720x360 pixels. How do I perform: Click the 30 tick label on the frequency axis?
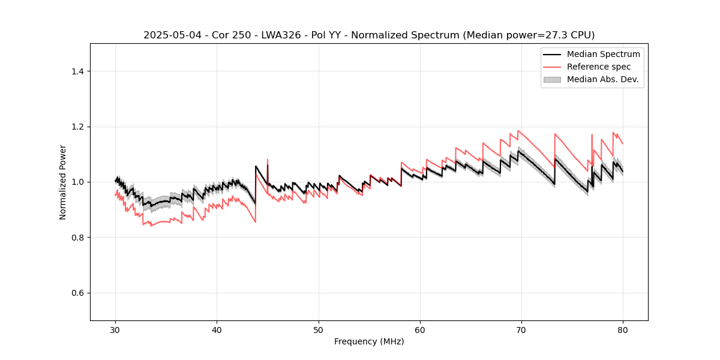point(115,330)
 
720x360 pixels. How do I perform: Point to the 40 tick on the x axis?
point(217,330)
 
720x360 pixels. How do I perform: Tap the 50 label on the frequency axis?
point(318,330)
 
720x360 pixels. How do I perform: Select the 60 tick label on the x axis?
point(420,330)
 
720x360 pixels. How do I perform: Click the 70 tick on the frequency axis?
point(521,330)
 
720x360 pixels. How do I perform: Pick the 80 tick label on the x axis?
point(623,330)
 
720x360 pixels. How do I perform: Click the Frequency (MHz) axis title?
point(369,341)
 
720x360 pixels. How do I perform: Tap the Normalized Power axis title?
point(63,182)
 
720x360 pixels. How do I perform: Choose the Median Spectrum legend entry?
point(603,54)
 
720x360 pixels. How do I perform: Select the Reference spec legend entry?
point(599,67)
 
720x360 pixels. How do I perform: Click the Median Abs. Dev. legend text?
point(602,79)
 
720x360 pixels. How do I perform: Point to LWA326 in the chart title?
point(276,35)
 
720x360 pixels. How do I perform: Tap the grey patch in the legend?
point(552,79)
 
